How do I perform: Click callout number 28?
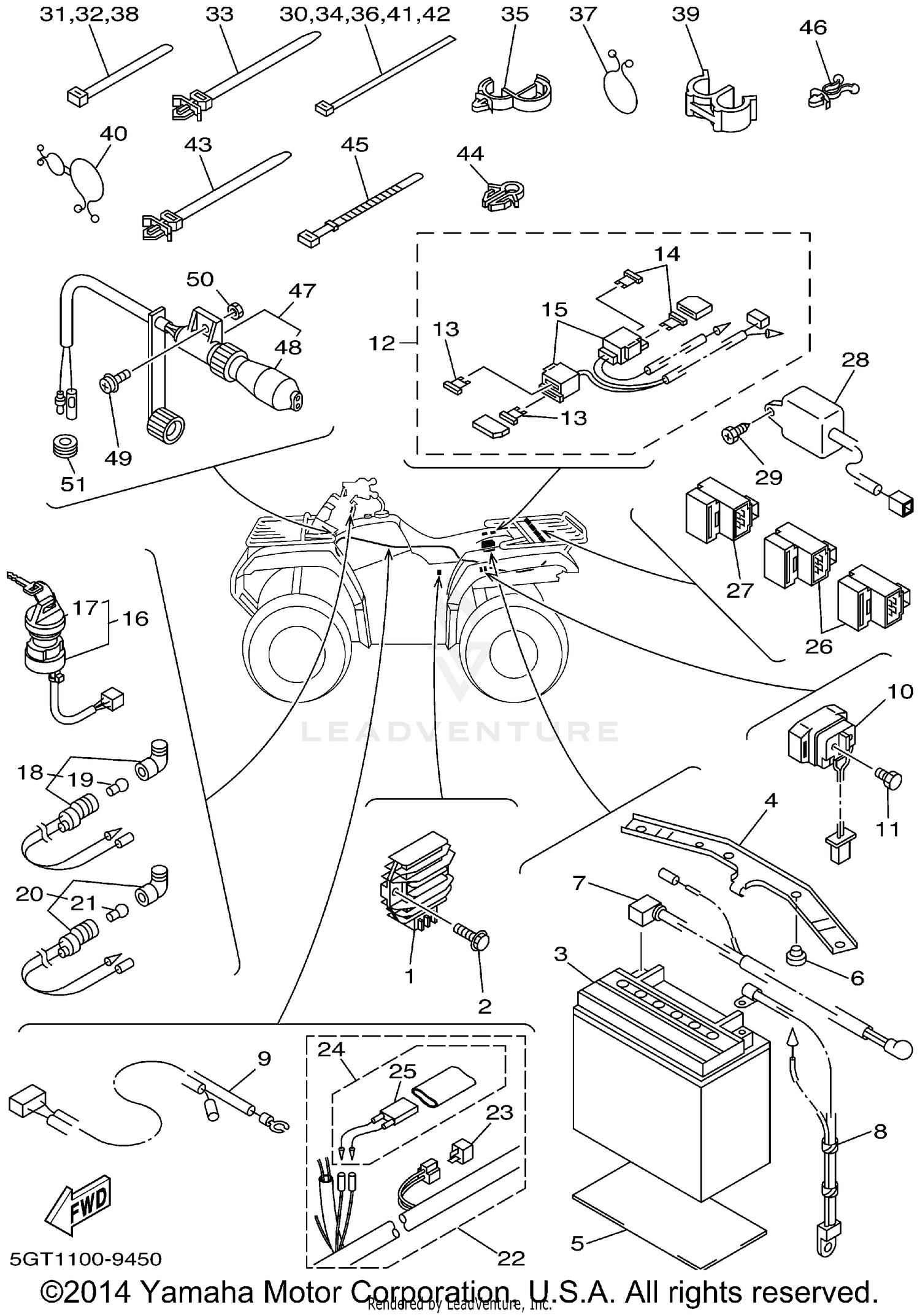point(855,360)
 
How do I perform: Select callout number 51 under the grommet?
point(72,484)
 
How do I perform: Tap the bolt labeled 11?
point(889,780)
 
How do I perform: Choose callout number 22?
point(511,1258)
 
